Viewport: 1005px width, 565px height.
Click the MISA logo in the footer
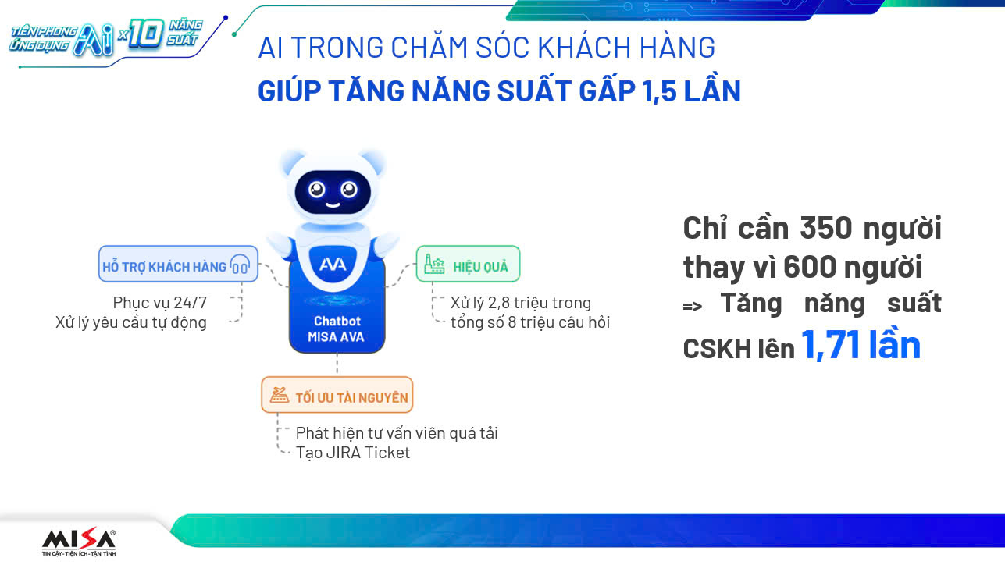[x=79, y=542]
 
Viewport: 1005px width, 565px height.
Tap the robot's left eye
[x=316, y=190]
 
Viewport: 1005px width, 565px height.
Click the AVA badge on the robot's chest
[x=333, y=264]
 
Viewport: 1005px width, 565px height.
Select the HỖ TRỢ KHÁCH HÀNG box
[x=178, y=264]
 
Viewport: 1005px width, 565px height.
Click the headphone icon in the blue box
[x=240, y=264]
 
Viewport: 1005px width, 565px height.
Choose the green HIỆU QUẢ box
[x=468, y=264]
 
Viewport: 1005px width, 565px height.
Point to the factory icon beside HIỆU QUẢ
[x=434, y=264]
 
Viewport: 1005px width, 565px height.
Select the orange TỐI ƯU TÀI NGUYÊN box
[x=337, y=395]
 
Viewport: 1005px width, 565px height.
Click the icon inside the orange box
[x=279, y=395]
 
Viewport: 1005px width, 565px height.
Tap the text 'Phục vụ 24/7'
[x=160, y=303]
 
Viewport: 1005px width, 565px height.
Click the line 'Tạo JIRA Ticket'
[x=353, y=453]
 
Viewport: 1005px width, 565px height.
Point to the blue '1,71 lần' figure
[x=861, y=345]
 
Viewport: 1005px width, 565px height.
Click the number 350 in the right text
[x=825, y=228]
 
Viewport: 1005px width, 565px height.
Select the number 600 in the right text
[x=809, y=267]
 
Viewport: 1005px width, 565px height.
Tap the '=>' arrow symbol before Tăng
[x=693, y=307]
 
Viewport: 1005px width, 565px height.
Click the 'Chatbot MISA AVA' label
[x=337, y=329]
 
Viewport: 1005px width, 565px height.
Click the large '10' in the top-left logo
[x=144, y=34]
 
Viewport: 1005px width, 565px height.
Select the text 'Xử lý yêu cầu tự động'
[x=131, y=322]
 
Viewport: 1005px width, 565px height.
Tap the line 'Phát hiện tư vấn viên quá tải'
[x=397, y=433]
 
